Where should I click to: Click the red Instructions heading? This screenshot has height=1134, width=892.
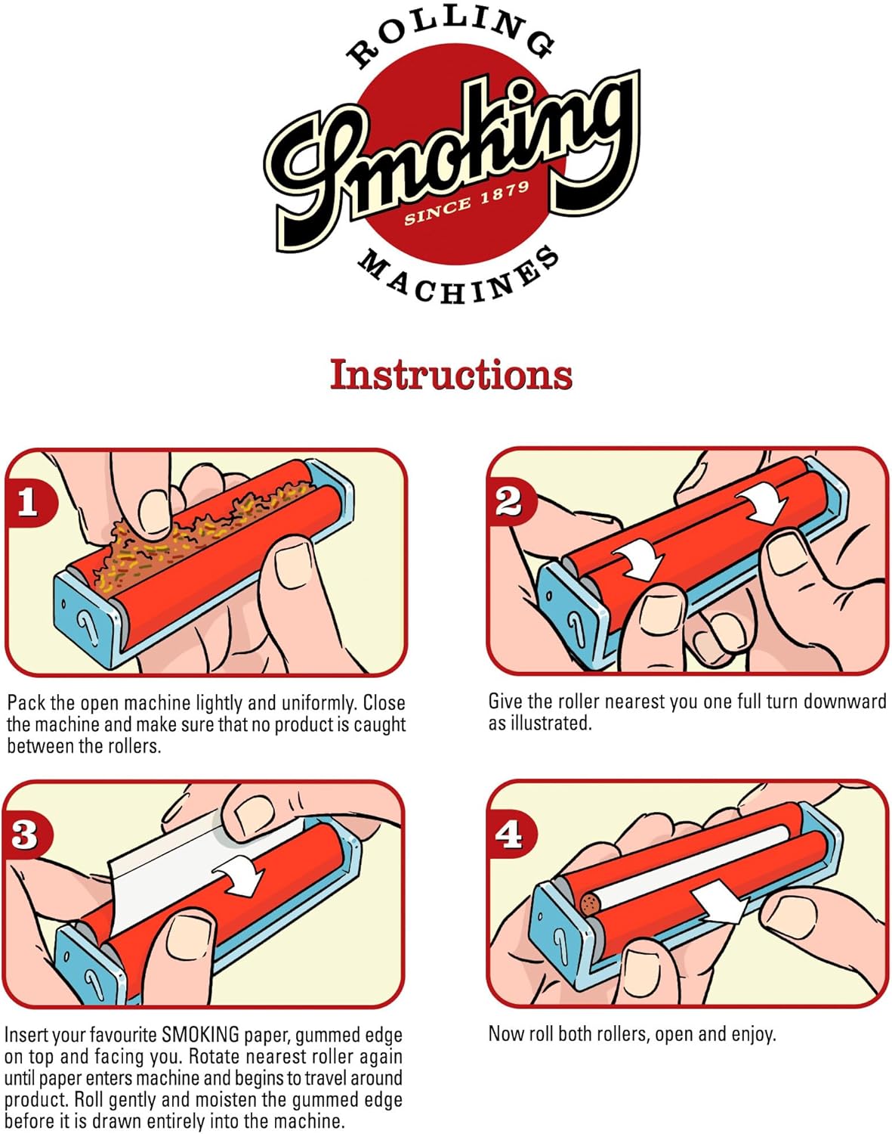point(451,375)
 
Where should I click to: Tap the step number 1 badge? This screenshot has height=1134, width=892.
point(29,501)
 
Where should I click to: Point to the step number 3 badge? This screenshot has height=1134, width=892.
point(26,834)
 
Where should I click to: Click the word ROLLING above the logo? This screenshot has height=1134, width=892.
point(451,37)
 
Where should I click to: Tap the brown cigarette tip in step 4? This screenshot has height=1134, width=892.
point(590,905)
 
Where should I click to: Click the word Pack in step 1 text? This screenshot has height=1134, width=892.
point(26,703)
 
